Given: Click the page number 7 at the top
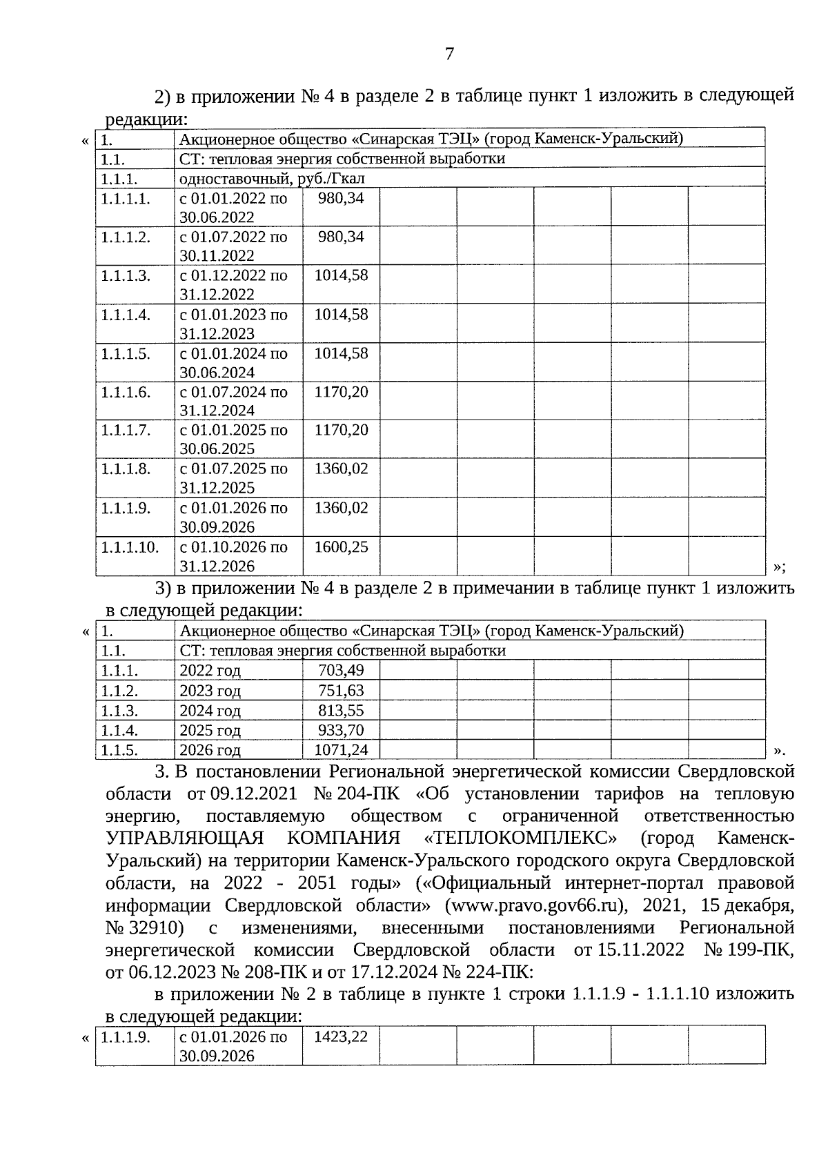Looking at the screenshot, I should point(449,54).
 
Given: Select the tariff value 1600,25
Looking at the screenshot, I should point(341,547).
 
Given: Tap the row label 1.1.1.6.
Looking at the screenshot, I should point(125,392).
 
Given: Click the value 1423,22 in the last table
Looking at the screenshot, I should point(341,1036).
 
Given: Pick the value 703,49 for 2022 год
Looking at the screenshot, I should point(341,670).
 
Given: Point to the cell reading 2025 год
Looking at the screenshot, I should point(210,730).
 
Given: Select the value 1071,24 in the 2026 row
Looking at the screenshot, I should point(341,750).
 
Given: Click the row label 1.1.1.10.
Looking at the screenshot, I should point(129,547).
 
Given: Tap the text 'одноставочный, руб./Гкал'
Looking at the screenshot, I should point(272,179).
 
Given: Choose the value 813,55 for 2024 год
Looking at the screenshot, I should point(341,710).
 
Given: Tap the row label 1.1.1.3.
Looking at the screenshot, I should point(125,275).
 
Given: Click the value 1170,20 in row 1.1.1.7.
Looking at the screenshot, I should point(341,430).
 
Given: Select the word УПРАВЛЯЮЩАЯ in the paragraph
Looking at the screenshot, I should point(185,838).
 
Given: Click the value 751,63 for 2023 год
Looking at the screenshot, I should point(341,690).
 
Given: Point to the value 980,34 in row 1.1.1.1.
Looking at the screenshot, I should point(341,198).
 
